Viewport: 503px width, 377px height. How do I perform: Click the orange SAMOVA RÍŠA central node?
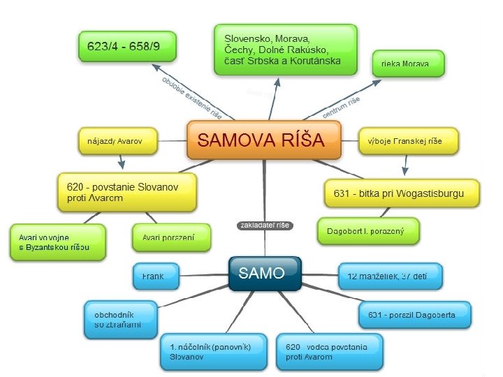pyautogui.click(x=263, y=140)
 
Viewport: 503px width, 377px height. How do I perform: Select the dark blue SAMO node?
pyautogui.click(x=265, y=273)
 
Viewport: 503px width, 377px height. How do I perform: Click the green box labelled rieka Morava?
pyautogui.click(x=408, y=64)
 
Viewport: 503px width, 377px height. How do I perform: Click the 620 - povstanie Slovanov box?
pyautogui.click(x=126, y=192)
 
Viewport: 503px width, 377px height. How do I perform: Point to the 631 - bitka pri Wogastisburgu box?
pyautogui.click(x=403, y=193)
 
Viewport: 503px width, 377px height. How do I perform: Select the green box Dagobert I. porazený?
pyautogui.click(x=368, y=230)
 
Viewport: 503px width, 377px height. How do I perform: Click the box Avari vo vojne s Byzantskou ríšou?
pyautogui.click(x=57, y=242)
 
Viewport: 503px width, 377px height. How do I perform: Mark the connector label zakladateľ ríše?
pyautogui.click(x=265, y=226)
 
